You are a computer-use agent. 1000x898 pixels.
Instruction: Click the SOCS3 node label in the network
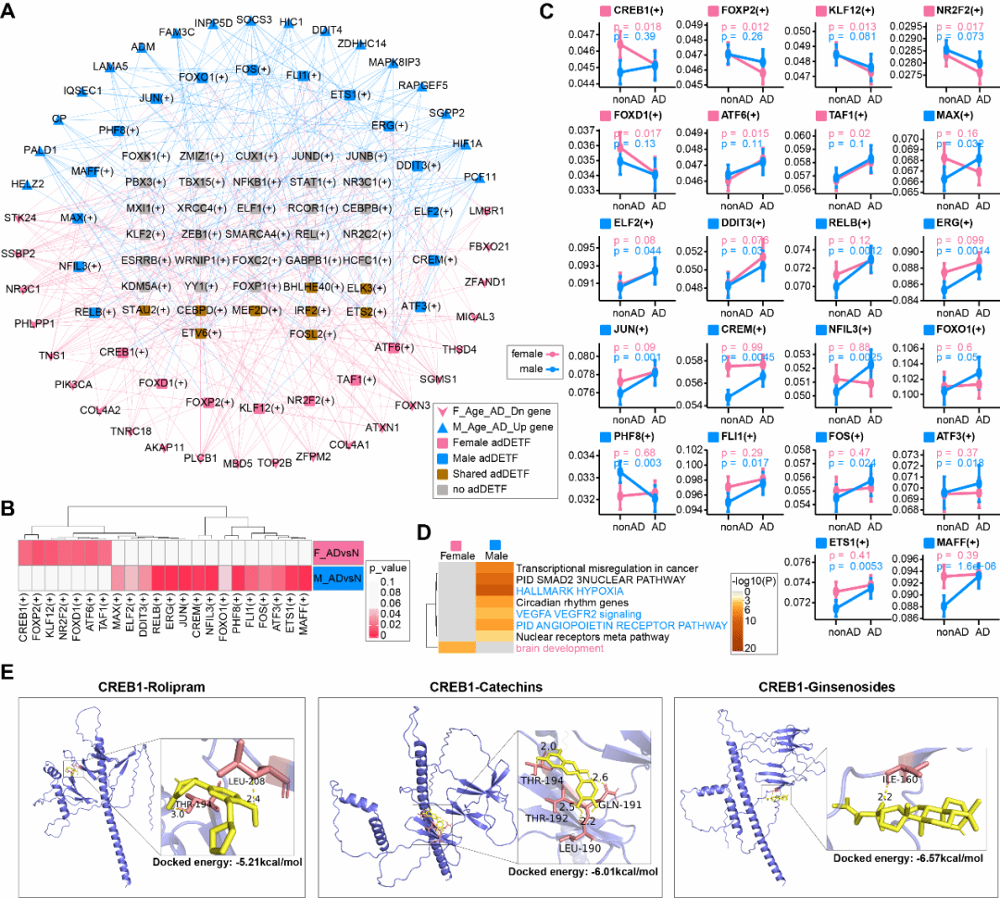(x=253, y=19)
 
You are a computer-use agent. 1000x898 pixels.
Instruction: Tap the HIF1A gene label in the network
(x=467, y=143)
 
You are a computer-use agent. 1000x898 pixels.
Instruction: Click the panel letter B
(x=8, y=507)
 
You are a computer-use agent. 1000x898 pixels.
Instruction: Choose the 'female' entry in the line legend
(x=531, y=354)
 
